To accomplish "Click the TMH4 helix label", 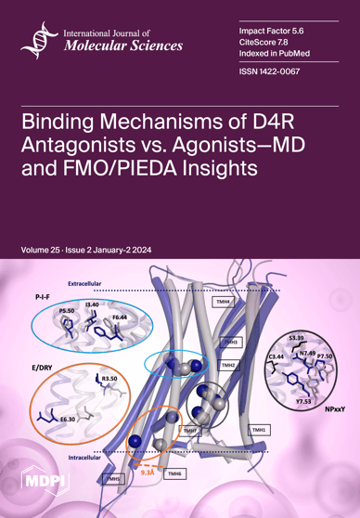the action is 223,302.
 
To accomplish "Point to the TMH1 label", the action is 261,431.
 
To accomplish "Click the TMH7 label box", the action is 189,432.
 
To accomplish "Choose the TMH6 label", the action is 173,473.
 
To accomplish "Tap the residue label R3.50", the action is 109,380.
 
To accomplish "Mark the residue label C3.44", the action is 275,356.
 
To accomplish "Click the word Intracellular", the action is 86,459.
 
